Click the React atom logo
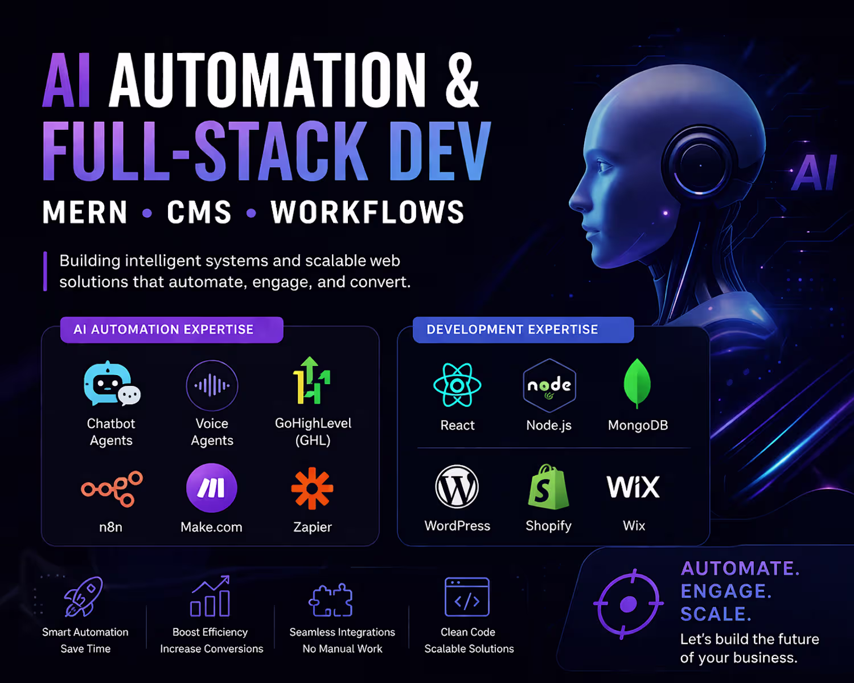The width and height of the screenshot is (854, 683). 457,385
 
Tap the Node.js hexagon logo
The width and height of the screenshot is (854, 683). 549,385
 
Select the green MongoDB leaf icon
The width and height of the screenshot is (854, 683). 637,384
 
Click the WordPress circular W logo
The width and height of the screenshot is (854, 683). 457,487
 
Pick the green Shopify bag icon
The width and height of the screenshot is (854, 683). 548,487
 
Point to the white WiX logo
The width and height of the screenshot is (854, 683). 633,487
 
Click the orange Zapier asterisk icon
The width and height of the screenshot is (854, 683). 312,488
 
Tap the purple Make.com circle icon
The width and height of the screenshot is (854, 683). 212,488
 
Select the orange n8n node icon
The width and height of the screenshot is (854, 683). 112,489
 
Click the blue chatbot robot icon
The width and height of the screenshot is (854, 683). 112,384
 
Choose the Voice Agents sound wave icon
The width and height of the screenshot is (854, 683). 212,385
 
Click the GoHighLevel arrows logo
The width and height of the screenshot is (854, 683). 311,380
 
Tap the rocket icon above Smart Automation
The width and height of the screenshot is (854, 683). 84,596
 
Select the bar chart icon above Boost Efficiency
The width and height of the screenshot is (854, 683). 210,596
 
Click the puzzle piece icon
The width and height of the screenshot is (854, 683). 331,600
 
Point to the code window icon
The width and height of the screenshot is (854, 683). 467,596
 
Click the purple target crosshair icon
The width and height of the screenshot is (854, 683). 629,604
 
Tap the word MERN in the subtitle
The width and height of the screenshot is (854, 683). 85,212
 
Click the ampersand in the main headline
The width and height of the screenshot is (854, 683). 462,80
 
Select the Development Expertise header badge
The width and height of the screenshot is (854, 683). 523,330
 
